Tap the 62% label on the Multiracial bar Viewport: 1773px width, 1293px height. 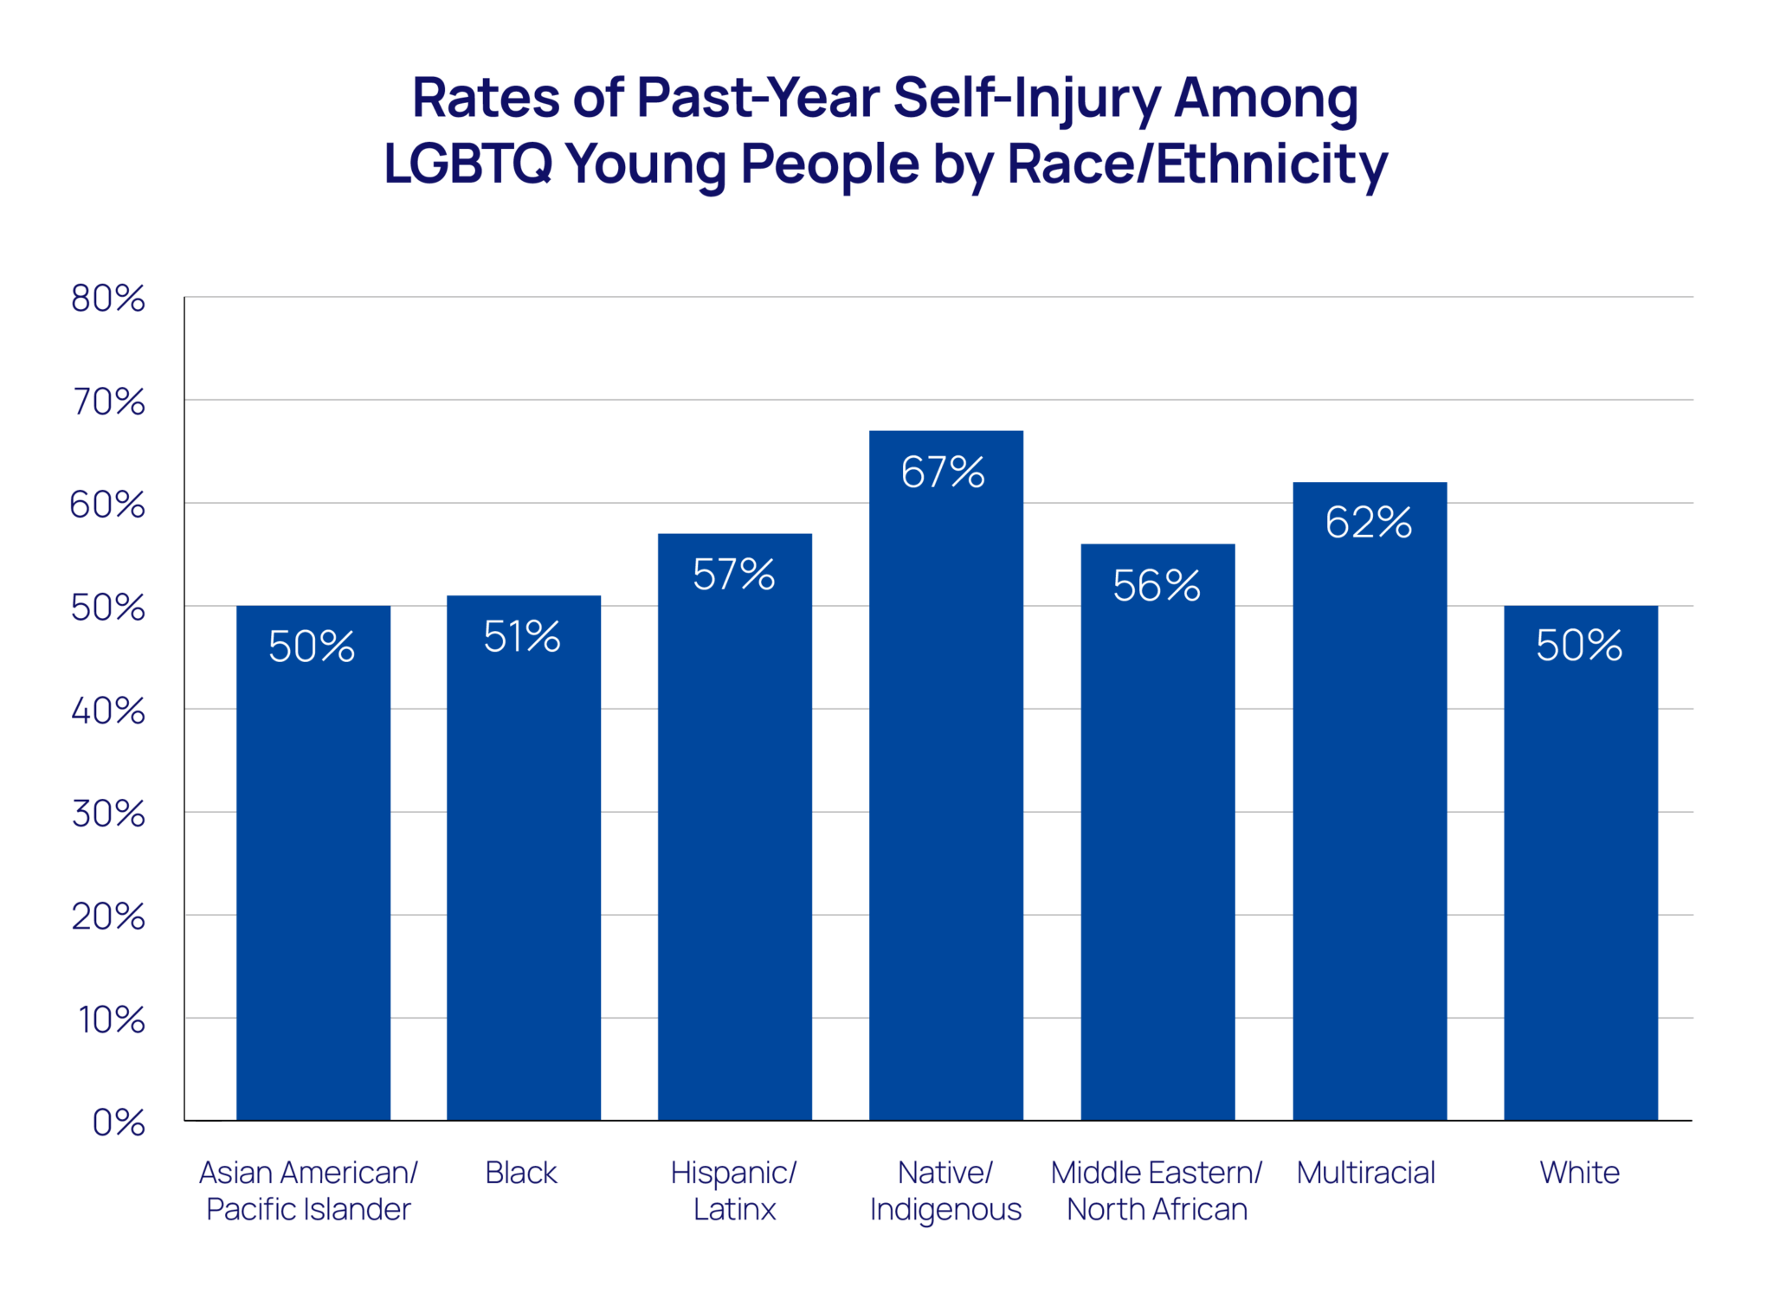(x=1368, y=523)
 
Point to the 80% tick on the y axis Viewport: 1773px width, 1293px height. (x=107, y=299)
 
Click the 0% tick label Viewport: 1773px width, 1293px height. (x=119, y=1123)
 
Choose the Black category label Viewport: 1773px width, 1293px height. (x=520, y=1173)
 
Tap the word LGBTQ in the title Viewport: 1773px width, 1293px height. (x=467, y=164)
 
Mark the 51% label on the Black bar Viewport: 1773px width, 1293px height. (x=521, y=637)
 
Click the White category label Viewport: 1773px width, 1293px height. (x=1579, y=1173)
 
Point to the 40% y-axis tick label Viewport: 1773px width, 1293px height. (x=107, y=711)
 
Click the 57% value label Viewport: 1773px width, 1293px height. (x=733, y=575)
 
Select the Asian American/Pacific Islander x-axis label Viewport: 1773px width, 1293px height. (x=308, y=1191)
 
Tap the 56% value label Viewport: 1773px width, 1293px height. (x=1156, y=586)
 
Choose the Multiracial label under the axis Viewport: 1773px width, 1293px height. (x=1365, y=1173)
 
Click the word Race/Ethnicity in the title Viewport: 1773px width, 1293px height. (x=1196, y=164)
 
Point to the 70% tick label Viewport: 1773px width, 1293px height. (x=107, y=402)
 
